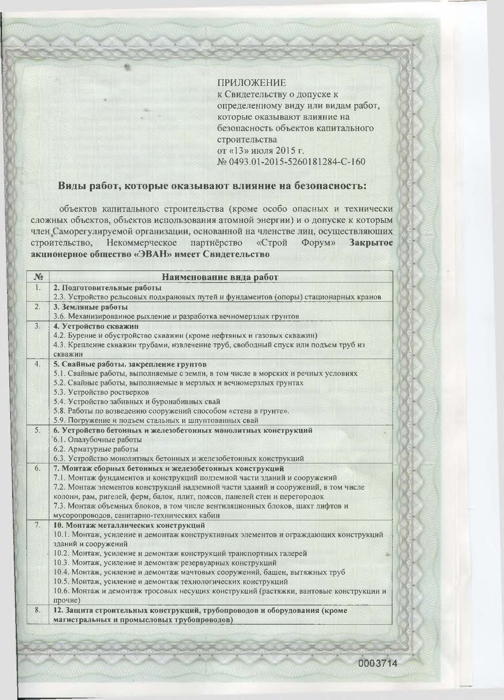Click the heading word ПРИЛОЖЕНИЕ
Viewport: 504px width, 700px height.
tap(251, 83)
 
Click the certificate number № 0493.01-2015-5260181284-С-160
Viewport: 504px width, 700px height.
tap(291, 162)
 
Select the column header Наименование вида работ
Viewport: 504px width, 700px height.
tap(220, 277)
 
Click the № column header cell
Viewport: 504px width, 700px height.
tap(38, 277)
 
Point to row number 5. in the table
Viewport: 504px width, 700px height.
tap(38, 430)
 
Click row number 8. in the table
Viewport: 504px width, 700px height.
tap(38, 611)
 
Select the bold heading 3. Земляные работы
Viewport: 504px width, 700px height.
tap(91, 307)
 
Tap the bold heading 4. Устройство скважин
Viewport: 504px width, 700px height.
tap(96, 326)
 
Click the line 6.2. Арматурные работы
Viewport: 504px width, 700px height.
tap(96, 449)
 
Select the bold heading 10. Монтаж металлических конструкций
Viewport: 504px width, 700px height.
tap(129, 525)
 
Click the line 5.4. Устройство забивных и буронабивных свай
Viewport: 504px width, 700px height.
tap(137, 401)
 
